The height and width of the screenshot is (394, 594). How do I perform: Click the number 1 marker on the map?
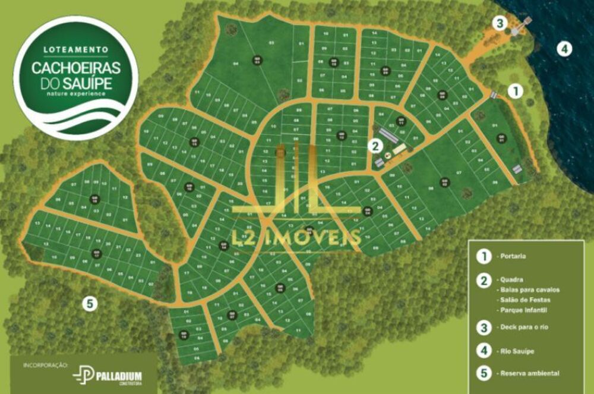pyautogui.click(x=516, y=91)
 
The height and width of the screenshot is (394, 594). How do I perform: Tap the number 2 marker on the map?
pyautogui.click(x=374, y=144)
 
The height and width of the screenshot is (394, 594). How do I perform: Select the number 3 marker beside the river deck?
pyautogui.click(x=501, y=23)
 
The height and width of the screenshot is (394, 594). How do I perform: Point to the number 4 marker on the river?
pyautogui.click(x=564, y=49)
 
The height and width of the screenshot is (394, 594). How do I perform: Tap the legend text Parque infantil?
pyautogui.click(x=523, y=310)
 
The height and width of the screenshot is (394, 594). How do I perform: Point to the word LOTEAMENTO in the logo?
pyautogui.click(x=76, y=49)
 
